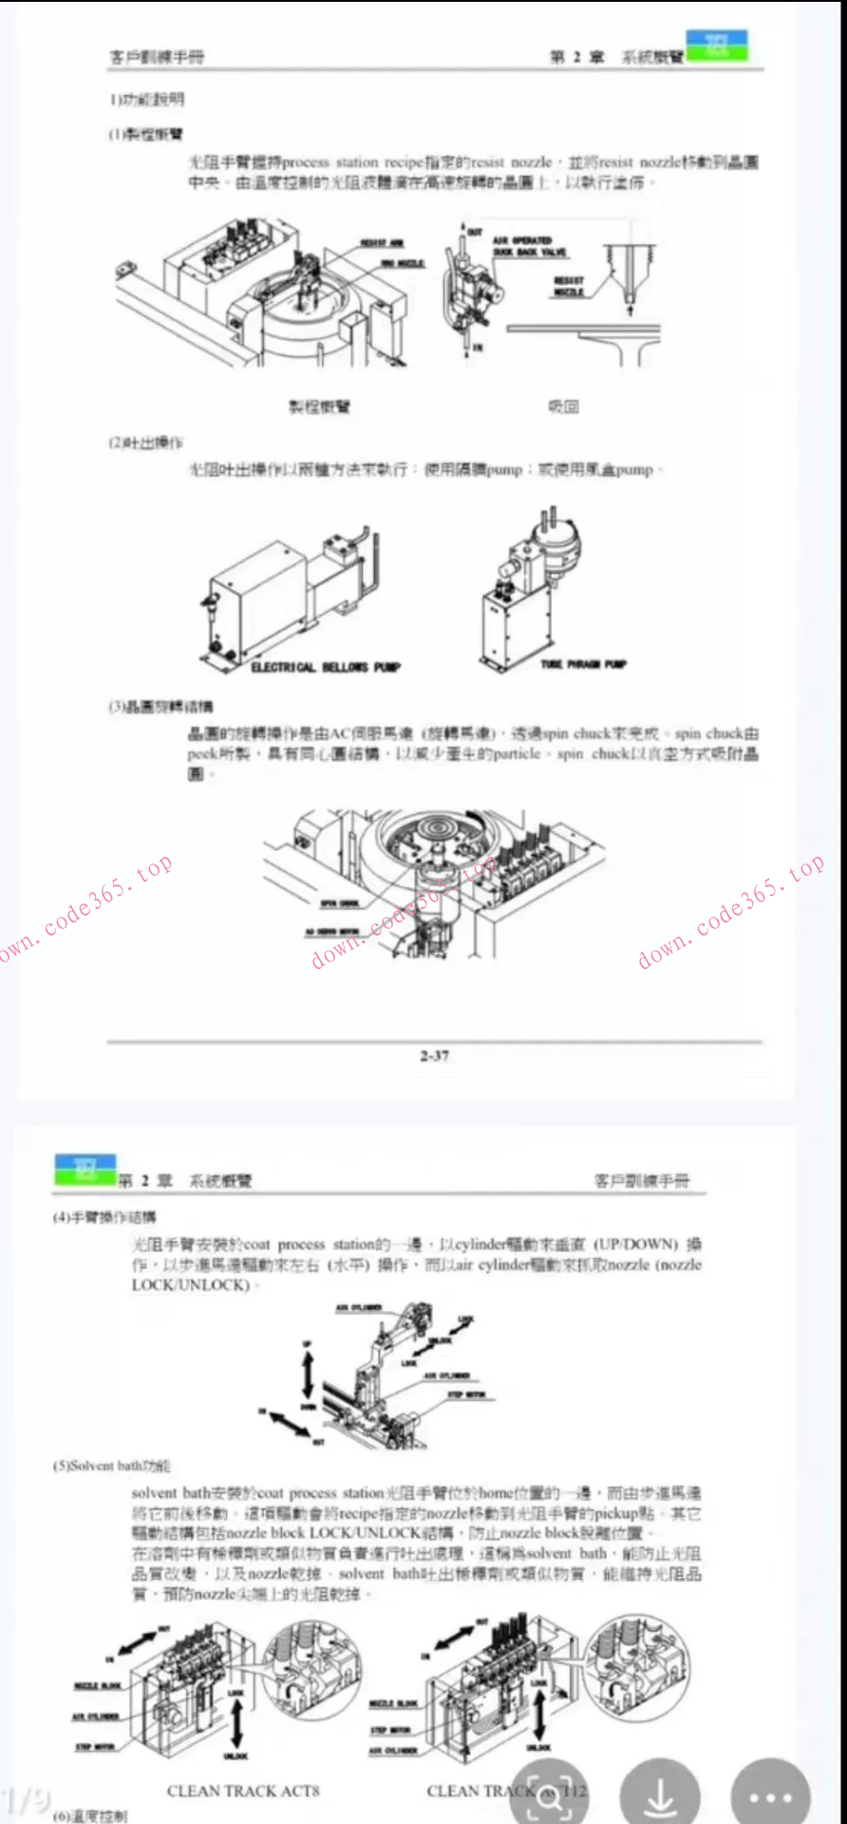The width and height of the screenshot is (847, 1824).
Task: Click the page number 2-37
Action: click(435, 1055)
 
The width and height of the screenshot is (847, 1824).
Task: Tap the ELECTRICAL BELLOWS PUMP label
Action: click(326, 667)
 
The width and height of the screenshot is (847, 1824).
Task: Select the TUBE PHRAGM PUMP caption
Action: click(583, 664)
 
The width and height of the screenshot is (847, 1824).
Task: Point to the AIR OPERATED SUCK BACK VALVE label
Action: click(529, 246)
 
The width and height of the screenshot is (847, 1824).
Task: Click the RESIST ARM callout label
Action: click(382, 243)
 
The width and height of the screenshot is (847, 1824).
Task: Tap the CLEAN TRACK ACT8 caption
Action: click(243, 1791)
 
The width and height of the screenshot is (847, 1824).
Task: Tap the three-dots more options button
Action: click(769, 1796)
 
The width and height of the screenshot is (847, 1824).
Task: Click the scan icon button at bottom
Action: click(550, 1796)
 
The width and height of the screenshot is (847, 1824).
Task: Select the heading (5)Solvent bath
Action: click(112, 1466)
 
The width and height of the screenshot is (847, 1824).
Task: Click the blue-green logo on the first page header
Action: click(717, 46)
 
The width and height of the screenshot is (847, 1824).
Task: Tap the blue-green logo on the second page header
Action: click(85, 1169)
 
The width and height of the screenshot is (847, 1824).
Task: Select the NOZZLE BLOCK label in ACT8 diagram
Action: click(98, 1685)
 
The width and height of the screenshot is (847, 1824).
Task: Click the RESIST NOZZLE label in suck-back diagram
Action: click(569, 286)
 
